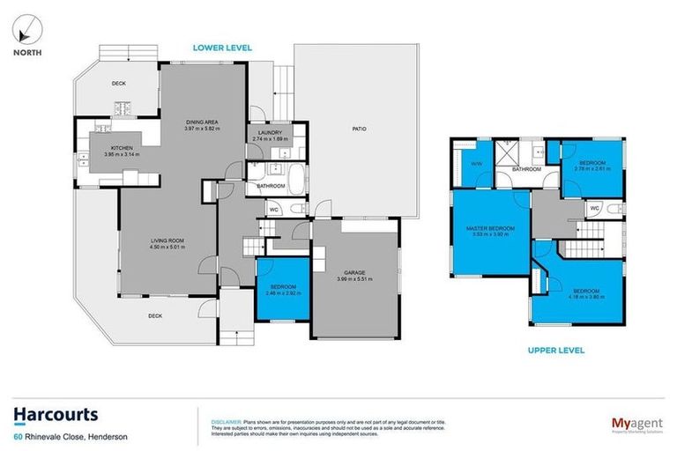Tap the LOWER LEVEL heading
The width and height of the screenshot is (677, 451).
click(x=224, y=47)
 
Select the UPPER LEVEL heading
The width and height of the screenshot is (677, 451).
click(x=556, y=350)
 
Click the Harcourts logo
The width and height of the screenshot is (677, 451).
click(x=55, y=415)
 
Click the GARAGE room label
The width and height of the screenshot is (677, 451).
click(x=355, y=274)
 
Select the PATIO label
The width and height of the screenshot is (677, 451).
click(x=359, y=129)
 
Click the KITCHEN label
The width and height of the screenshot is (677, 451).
click(x=121, y=148)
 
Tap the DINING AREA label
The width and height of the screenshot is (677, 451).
click(x=201, y=122)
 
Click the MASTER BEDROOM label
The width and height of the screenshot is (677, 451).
click(x=490, y=229)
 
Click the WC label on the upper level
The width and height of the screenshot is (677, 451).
click(x=594, y=209)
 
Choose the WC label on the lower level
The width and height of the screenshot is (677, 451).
click(x=273, y=210)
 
